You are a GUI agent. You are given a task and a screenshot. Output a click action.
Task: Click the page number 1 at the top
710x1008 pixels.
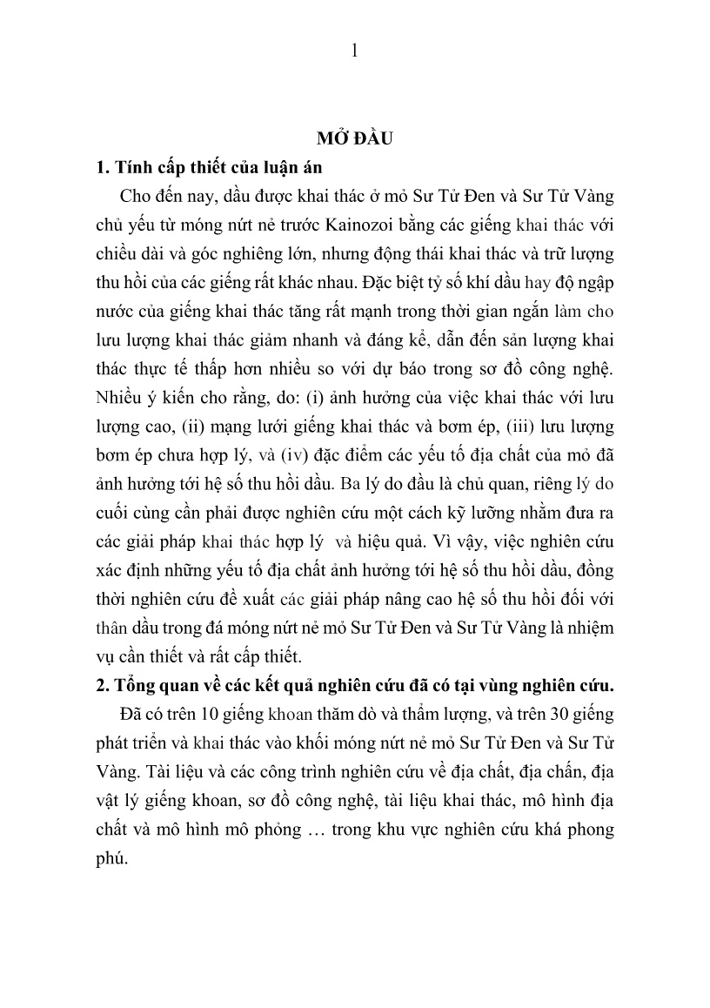pos(354,50)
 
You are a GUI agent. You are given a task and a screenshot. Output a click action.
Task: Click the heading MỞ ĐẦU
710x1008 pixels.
pos(354,138)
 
